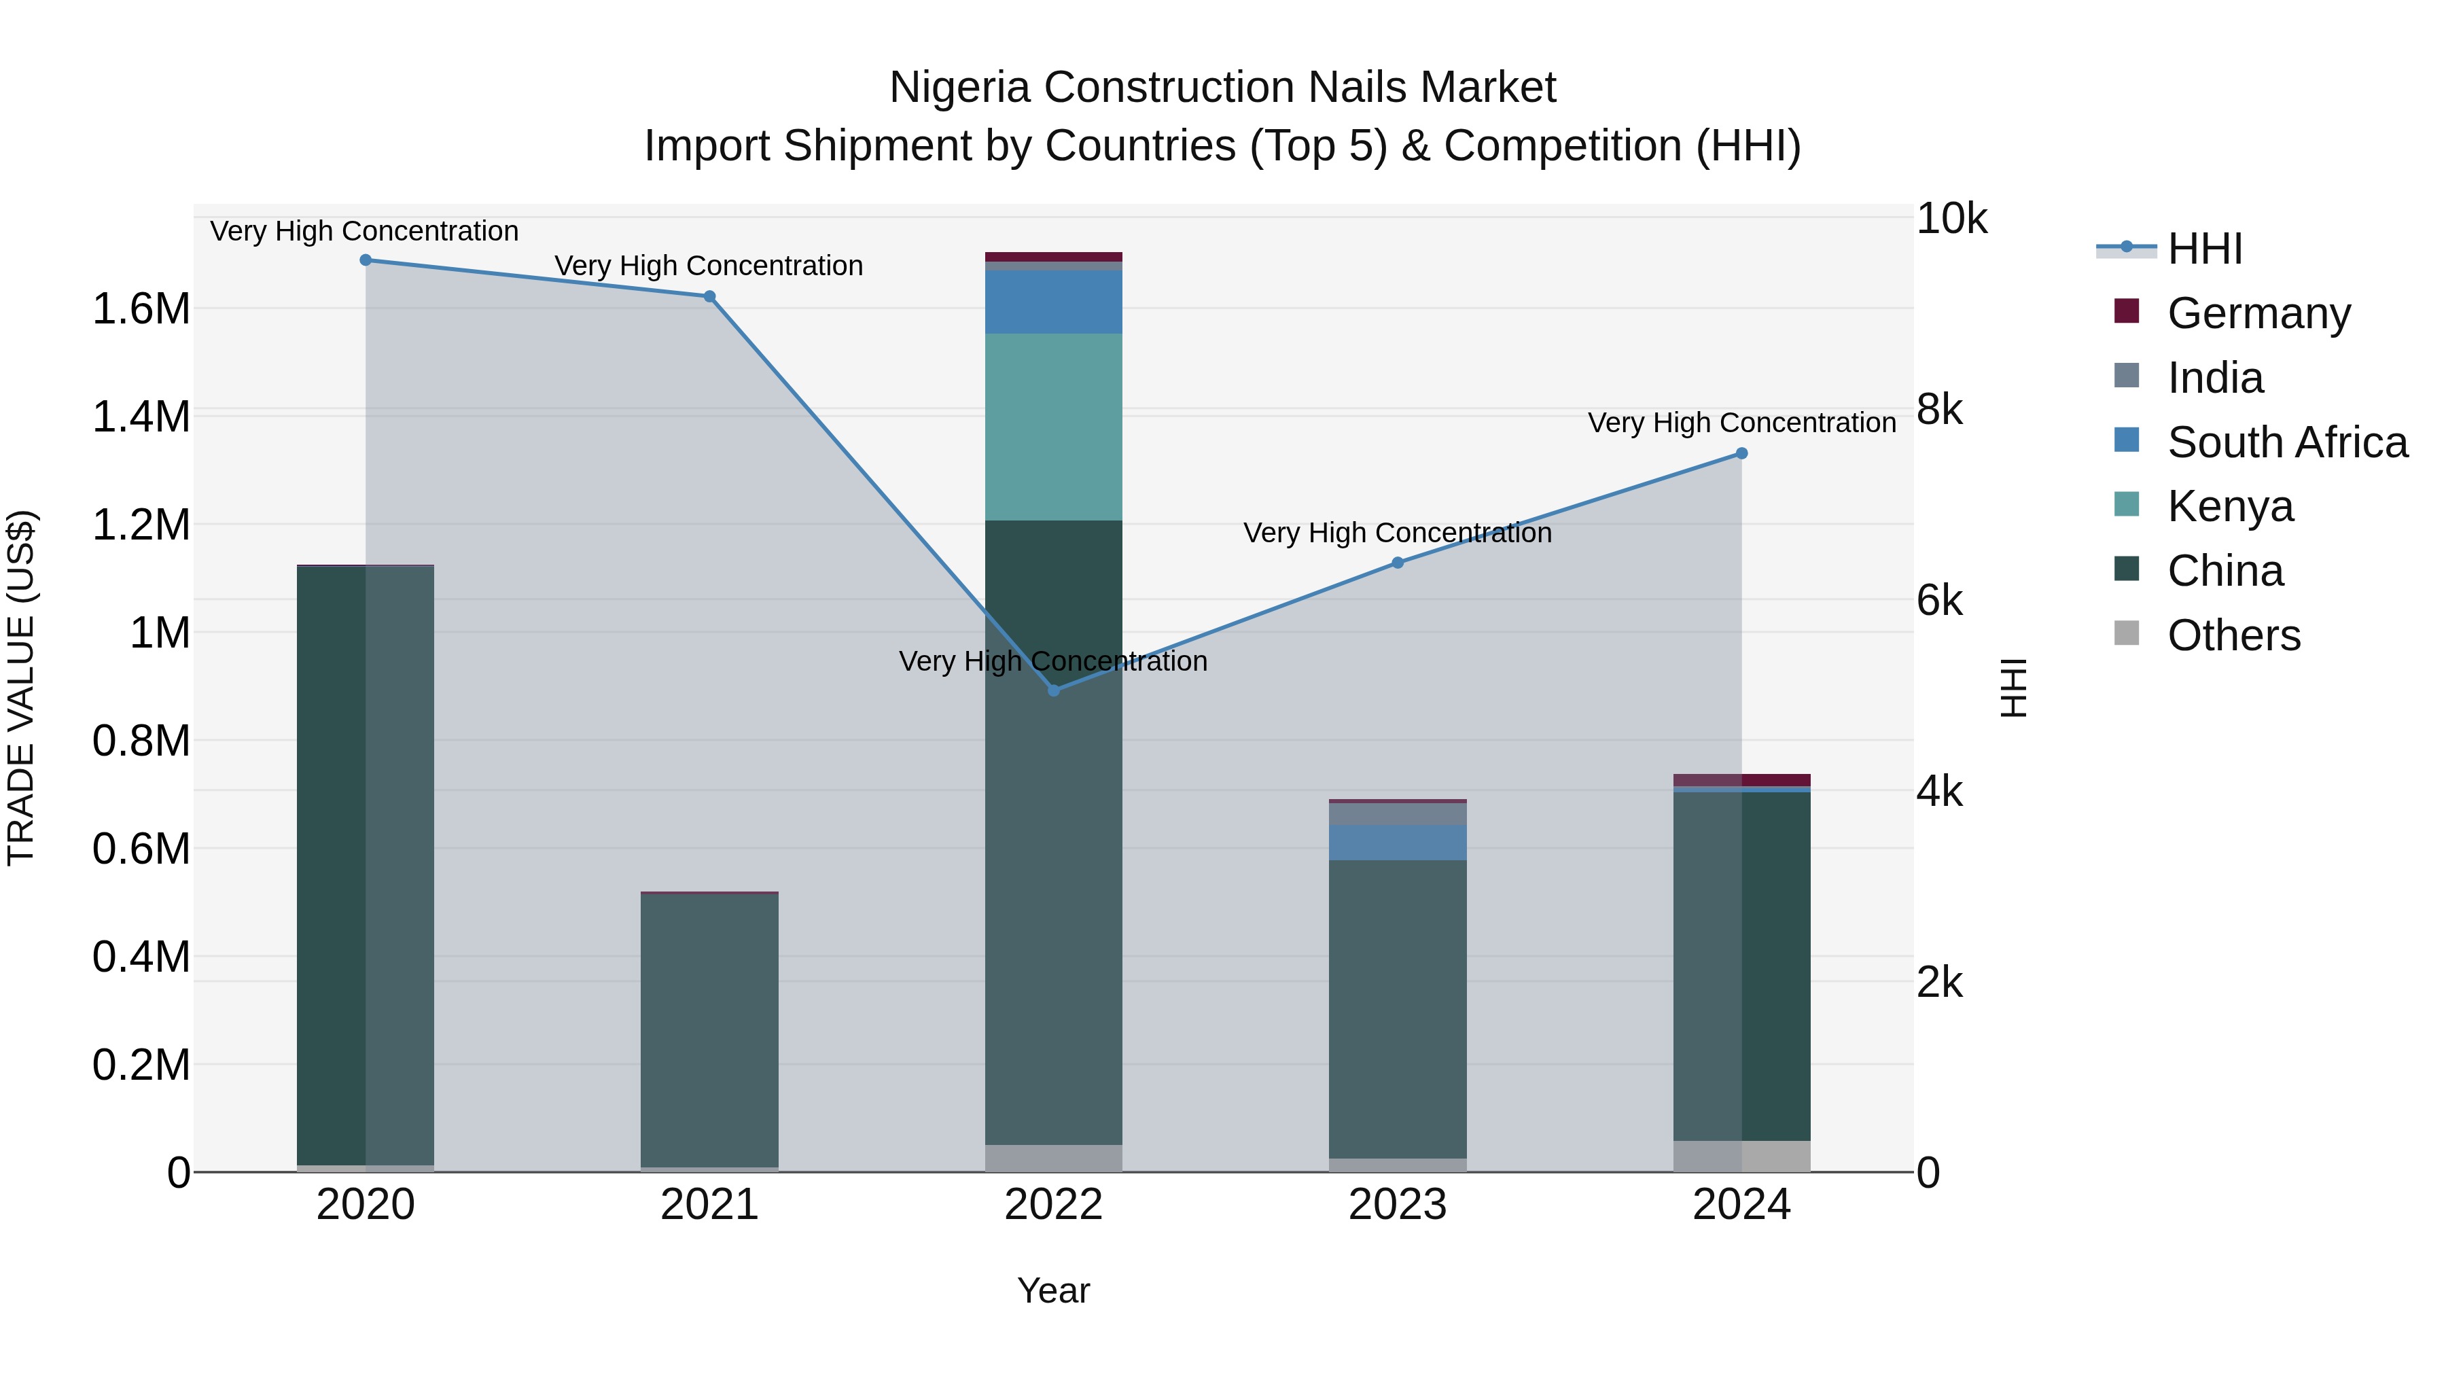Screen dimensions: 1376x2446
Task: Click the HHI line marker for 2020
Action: [366, 260]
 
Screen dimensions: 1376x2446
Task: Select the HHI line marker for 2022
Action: [1053, 690]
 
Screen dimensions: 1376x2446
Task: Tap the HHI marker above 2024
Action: [1741, 454]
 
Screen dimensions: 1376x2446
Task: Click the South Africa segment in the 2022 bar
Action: [1053, 302]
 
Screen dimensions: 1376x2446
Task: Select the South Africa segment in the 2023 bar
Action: [1397, 843]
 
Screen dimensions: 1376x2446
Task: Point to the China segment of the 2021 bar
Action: [709, 1030]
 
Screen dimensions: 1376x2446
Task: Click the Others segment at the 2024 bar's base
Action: [1741, 1156]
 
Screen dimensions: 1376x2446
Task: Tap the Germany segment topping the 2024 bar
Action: [1741, 781]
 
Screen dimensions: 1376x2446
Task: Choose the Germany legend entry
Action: [2258, 313]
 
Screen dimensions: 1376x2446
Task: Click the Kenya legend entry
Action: [2229, 506]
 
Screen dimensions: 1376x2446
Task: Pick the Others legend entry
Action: [2233, 635]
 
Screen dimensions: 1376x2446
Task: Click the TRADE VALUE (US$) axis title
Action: [21, 688]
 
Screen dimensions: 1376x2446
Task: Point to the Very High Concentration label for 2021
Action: [709, 266]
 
